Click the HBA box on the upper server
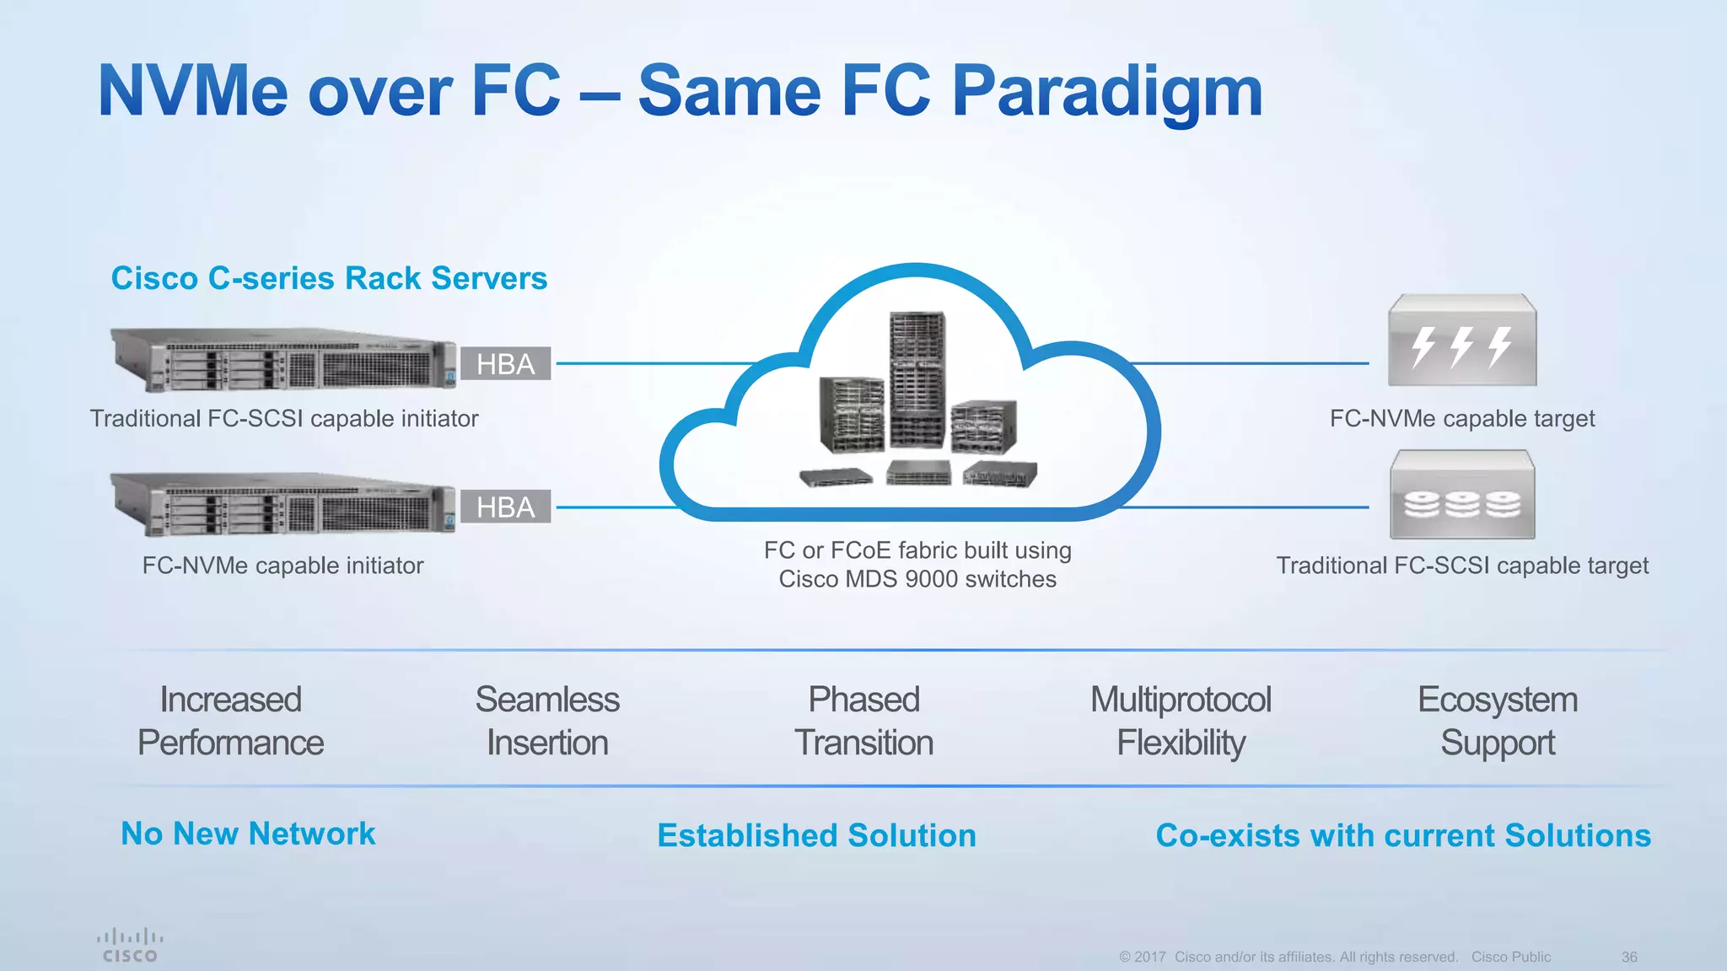(x=505, y=363)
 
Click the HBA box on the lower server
(x=505, y=507)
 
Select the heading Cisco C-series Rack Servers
(x=329, y=278)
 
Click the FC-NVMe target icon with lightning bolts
(x=1462, y=341)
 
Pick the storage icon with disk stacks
(x=1462, y=496)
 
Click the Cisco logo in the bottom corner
(x=129, y=945)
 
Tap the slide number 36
(x=1628, y=957)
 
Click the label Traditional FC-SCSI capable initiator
(x=284, y=418)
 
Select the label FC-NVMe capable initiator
(x=282, y=565)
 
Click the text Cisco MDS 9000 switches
(x=917, y=579)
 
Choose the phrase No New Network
(x=248, y=834)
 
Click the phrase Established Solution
(x=816, y=835)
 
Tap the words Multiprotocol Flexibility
(x=1181, y=721)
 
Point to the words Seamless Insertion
(x=547, y=721)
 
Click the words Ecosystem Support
(x=1497, y=721)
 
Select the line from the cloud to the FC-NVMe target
(x=1248, y=363)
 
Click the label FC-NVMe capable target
(x=1462, y=418)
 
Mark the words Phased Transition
(x=863, y=721)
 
